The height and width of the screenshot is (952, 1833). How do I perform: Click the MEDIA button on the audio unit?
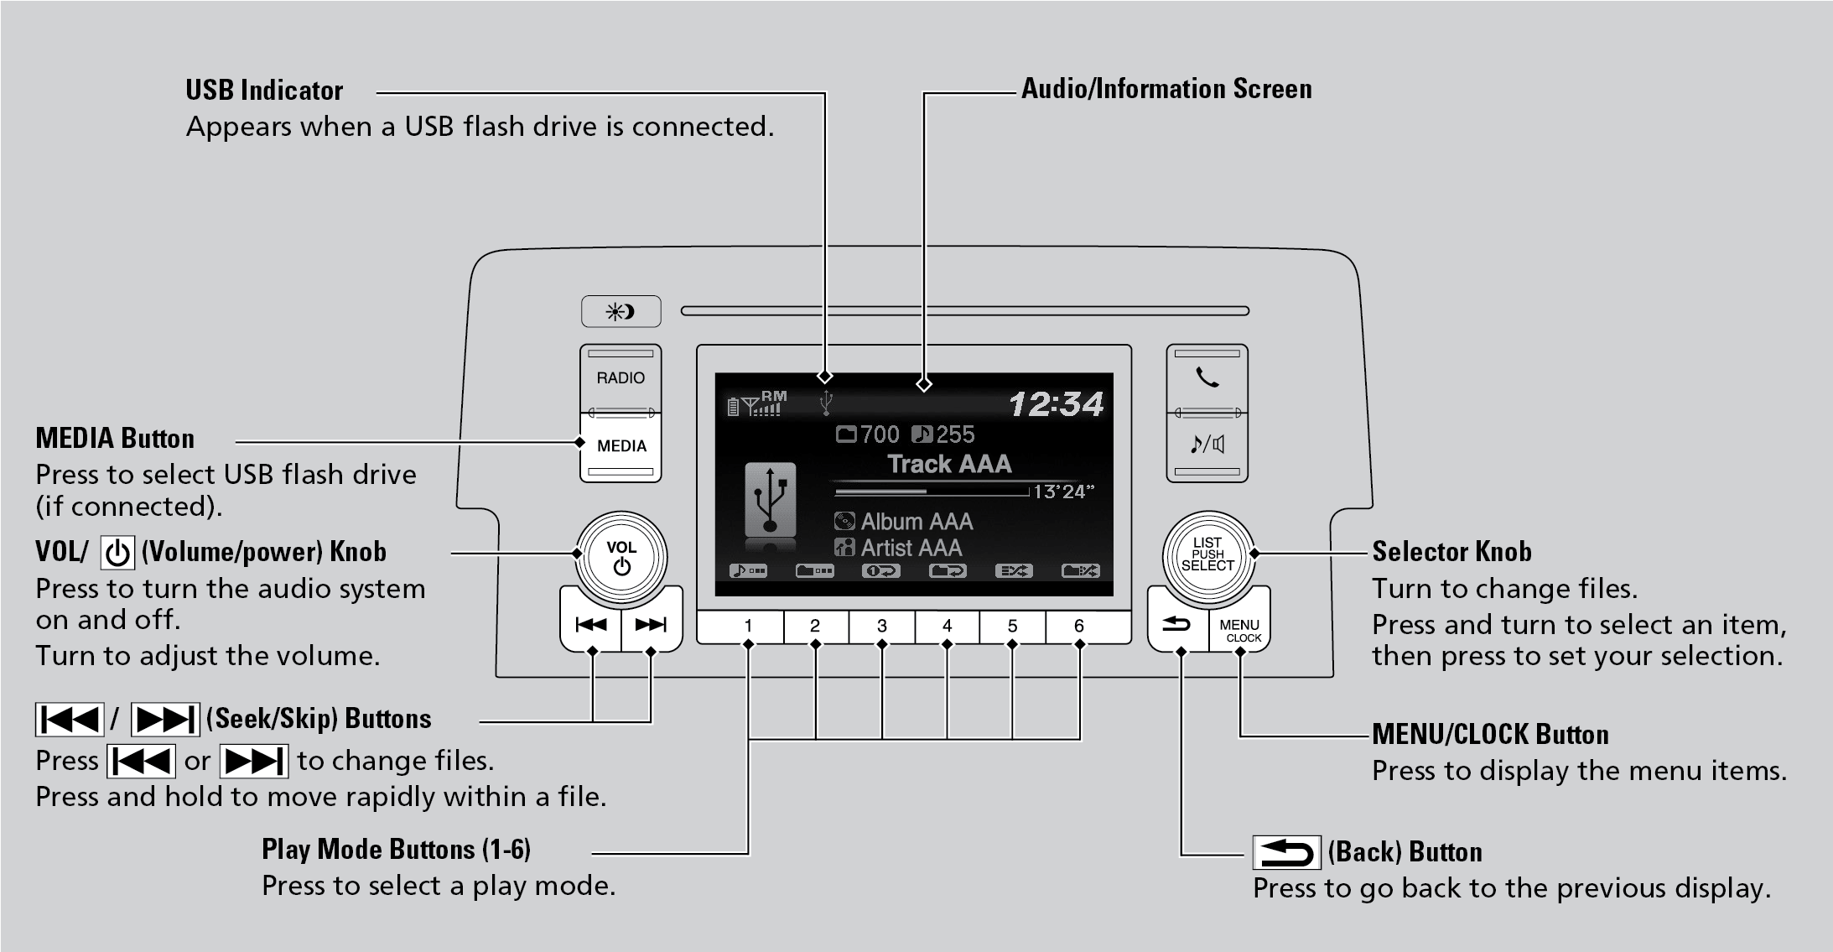point(621,446)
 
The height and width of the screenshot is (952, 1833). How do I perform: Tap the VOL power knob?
point(621,557)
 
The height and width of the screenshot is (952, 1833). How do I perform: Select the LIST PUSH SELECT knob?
point(1207,554)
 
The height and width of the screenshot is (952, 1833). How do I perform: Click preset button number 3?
point(881,626)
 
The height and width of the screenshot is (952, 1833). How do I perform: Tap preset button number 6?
point(1079,626)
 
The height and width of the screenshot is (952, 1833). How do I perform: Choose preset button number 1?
point(748,626)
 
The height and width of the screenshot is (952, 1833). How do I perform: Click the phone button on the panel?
point(1207,378)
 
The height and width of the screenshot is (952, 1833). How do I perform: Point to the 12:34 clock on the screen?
point(1056,404)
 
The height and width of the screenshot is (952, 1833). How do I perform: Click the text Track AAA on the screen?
point(949,464)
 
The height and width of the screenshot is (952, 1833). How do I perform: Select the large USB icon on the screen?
point(771,501)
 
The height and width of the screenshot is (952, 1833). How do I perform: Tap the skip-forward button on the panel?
point(651,624)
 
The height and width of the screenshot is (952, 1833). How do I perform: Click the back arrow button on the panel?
point(1176,624)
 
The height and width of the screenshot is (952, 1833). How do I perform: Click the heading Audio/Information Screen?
point(1166,89)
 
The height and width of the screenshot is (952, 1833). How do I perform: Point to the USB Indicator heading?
point(264,91)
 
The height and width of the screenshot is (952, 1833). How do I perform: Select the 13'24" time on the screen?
point(1063,492)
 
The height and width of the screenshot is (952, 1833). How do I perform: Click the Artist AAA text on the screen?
point(911,548)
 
